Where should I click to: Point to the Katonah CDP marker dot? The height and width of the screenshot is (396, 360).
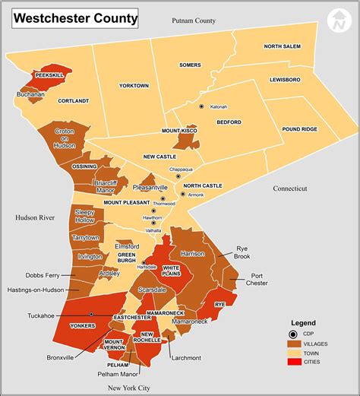201,106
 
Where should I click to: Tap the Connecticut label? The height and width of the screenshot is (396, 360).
290,188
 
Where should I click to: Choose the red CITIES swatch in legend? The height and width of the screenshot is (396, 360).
293,362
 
